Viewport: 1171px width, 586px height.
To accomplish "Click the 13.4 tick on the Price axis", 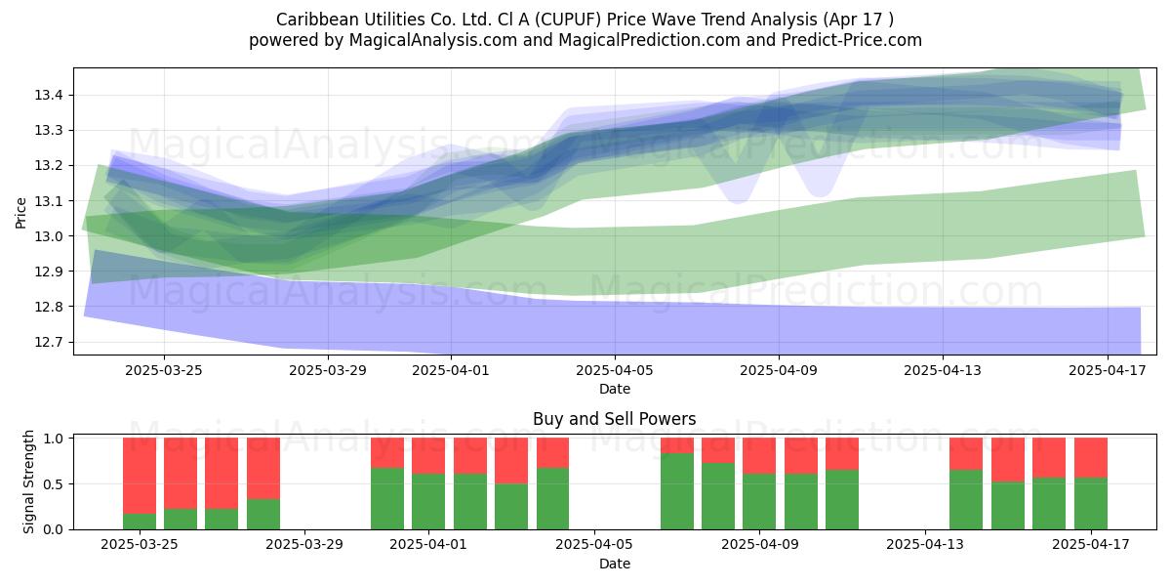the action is [x=49, y=96].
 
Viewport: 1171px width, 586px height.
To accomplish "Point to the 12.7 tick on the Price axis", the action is [x=49, y=342].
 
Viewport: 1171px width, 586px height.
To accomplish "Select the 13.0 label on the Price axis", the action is [x=49, y=236].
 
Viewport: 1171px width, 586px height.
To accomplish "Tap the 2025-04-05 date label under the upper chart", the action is [x=615, y=370].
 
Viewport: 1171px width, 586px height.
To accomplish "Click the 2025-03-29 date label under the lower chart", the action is [x=304, y=544].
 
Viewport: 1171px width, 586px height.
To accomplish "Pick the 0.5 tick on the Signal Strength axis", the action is [x=54, y=484].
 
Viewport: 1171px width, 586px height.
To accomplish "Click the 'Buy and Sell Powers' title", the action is [x=614, y=419].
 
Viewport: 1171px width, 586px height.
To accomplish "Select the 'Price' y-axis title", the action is [x=20, y=213].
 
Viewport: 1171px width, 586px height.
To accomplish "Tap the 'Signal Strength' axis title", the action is [x=28, y=481].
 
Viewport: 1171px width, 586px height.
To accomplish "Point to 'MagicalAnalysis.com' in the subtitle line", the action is [x=433, y=40].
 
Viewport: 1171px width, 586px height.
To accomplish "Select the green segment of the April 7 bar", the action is [x=677, y=491].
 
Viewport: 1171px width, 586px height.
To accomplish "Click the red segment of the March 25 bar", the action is [x=140, y=476].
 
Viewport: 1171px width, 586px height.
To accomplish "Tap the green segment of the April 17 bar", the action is [x=1091, y=503].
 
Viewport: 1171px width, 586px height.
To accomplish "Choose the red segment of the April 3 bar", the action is [x=511, y=460].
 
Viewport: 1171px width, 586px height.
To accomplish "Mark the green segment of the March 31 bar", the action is [x=387, y=499].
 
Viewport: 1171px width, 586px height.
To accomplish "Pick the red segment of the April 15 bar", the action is [x=1008, y=459].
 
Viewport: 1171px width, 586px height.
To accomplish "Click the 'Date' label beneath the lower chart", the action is [x=615, y=564].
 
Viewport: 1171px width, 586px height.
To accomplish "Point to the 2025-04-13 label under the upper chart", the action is [x=943, y=370].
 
